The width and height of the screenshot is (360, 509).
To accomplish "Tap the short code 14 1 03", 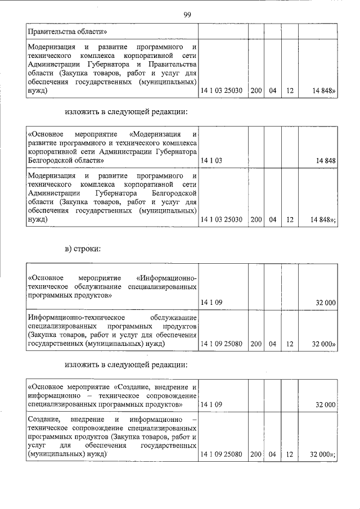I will pos(211,161).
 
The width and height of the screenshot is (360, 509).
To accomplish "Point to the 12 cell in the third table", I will pos(289,343).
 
